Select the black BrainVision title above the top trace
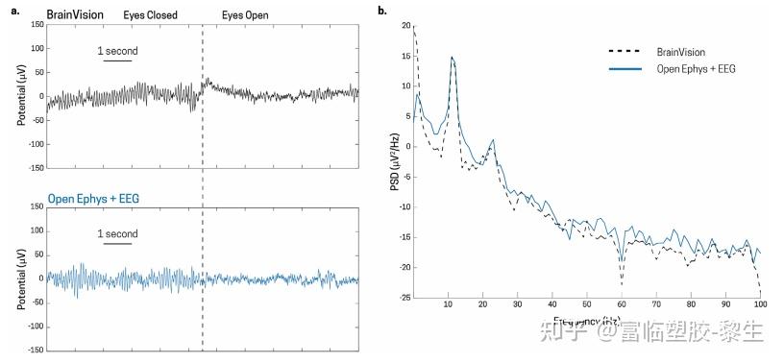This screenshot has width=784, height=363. [75, 15]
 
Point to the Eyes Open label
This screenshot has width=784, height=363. [245, 15]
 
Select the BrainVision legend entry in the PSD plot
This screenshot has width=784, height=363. [682, 51]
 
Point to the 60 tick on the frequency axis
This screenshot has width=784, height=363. [622, 303]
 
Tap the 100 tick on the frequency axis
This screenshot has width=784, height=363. [759, 303]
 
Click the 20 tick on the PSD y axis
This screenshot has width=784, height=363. [406, 25]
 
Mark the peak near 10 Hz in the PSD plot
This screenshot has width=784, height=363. [452, 57]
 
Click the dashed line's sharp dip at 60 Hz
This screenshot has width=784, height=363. [622, 285]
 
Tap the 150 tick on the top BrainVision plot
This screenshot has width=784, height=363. [38, 23]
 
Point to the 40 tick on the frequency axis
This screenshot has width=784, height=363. [552, 303]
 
